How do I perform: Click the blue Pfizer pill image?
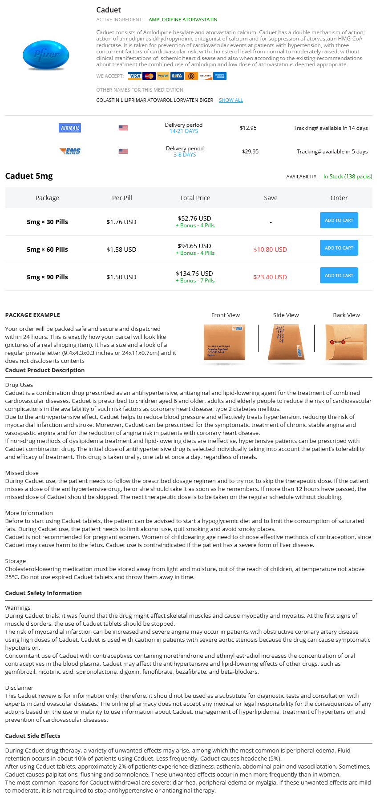tap(46, 55)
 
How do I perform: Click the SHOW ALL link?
tap(230, 100)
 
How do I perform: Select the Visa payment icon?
tap(134, 76)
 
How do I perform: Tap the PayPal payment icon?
tap(163, 76)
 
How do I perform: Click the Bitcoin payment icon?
tap(191, 76)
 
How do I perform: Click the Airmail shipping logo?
tap(70, 128)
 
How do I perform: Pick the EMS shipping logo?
tap(70, 152)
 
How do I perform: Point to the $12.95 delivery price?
tap(248, 128)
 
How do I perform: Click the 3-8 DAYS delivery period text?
tap(185, 155)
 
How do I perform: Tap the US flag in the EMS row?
tap(123, 152)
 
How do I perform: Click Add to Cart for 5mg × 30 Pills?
tap(339, 221)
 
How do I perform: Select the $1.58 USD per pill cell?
tap(121, 250)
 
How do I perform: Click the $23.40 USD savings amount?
tap(270, 277)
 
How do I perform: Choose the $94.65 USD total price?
tap(194, 246)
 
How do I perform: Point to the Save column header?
tap(271, 198)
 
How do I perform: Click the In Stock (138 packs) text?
tap(348, 177)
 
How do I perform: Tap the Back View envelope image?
tap(346, 342)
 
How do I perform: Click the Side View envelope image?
tap(286, 342)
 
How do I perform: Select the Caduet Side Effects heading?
tap(32, 736)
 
